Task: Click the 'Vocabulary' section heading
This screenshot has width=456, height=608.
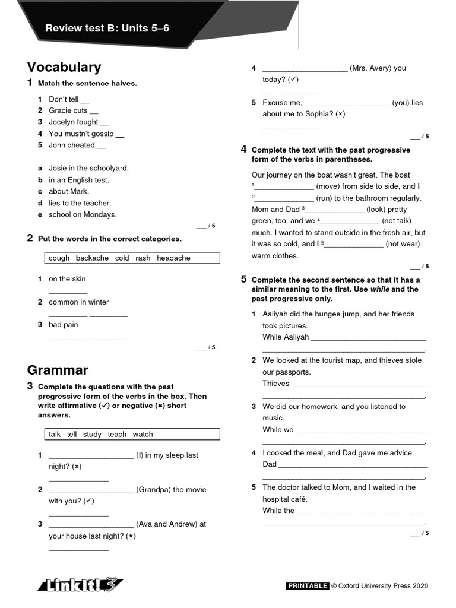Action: pos(64,68)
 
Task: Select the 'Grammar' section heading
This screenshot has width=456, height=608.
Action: pos(58,370)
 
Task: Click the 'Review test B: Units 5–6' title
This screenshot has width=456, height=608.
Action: pos(107,28)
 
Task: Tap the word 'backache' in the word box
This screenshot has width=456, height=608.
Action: pos(92,258)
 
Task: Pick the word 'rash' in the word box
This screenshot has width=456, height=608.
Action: pos(142,258)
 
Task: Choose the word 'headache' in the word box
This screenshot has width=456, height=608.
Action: pos(173,258)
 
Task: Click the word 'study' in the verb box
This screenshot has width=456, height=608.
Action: pos(92,435)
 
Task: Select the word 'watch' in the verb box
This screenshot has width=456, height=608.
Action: pos(142,435)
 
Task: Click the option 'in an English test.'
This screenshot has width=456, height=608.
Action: pos(79,180)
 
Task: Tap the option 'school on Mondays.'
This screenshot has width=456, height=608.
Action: pos(83,215)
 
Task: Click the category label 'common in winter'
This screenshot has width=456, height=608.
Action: pos(78,302)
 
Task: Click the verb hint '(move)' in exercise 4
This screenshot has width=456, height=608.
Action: pos(328,186)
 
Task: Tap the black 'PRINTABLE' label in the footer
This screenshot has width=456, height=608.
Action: pos(308,586)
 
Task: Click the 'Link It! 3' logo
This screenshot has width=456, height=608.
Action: pos(80,585)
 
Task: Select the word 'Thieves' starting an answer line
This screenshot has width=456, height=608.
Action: pos(276,384)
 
